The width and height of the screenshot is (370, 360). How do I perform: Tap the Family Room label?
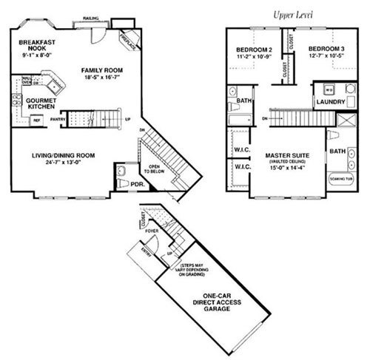click(101, 72)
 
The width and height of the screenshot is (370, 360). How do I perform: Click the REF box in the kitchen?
click(35, 120)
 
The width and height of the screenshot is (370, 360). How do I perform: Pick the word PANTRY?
click(58, 118)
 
